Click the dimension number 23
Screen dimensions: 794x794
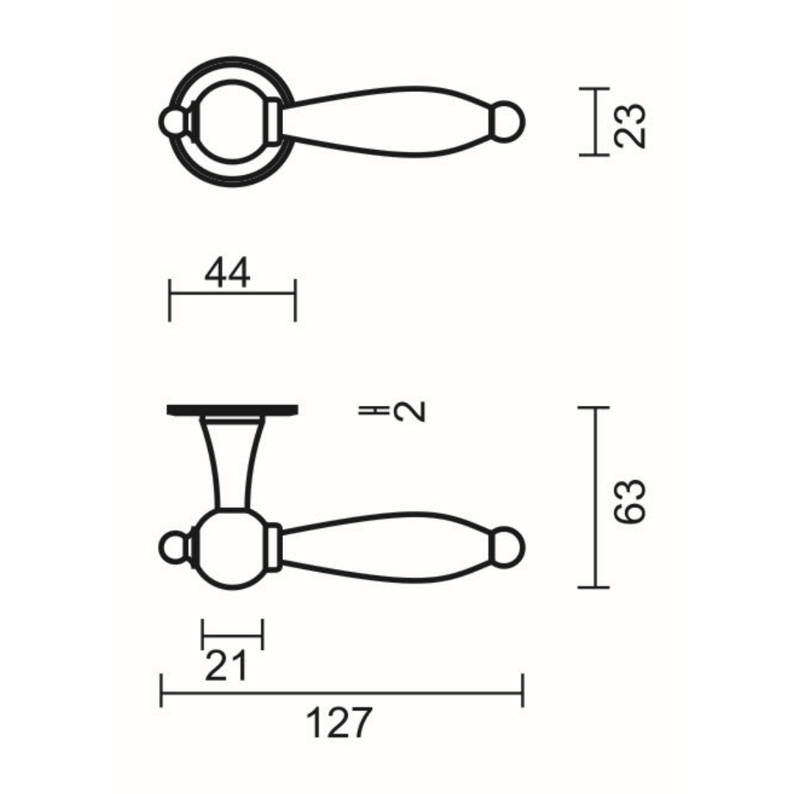click(x=630, y=126)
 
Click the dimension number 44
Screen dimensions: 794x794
click(x=227, y=273)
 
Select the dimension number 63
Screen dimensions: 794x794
click(x=630, y=501)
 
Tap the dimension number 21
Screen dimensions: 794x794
click(x=226, y=665)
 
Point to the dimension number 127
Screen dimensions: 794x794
click(x=339, y=723)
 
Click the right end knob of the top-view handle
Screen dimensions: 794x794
click(x=508, y=122)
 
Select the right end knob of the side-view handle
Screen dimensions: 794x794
click(x=508, y=548)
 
